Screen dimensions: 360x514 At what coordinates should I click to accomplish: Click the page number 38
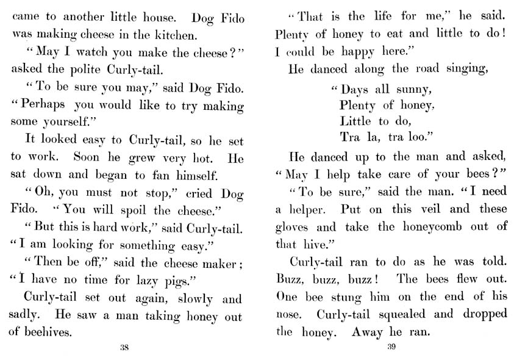pos(124,348)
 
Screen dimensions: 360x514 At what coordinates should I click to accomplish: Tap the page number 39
pos(392,348)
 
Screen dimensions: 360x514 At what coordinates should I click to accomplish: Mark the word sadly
pos(24,317)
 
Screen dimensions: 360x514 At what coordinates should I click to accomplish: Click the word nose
pos(288,315)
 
